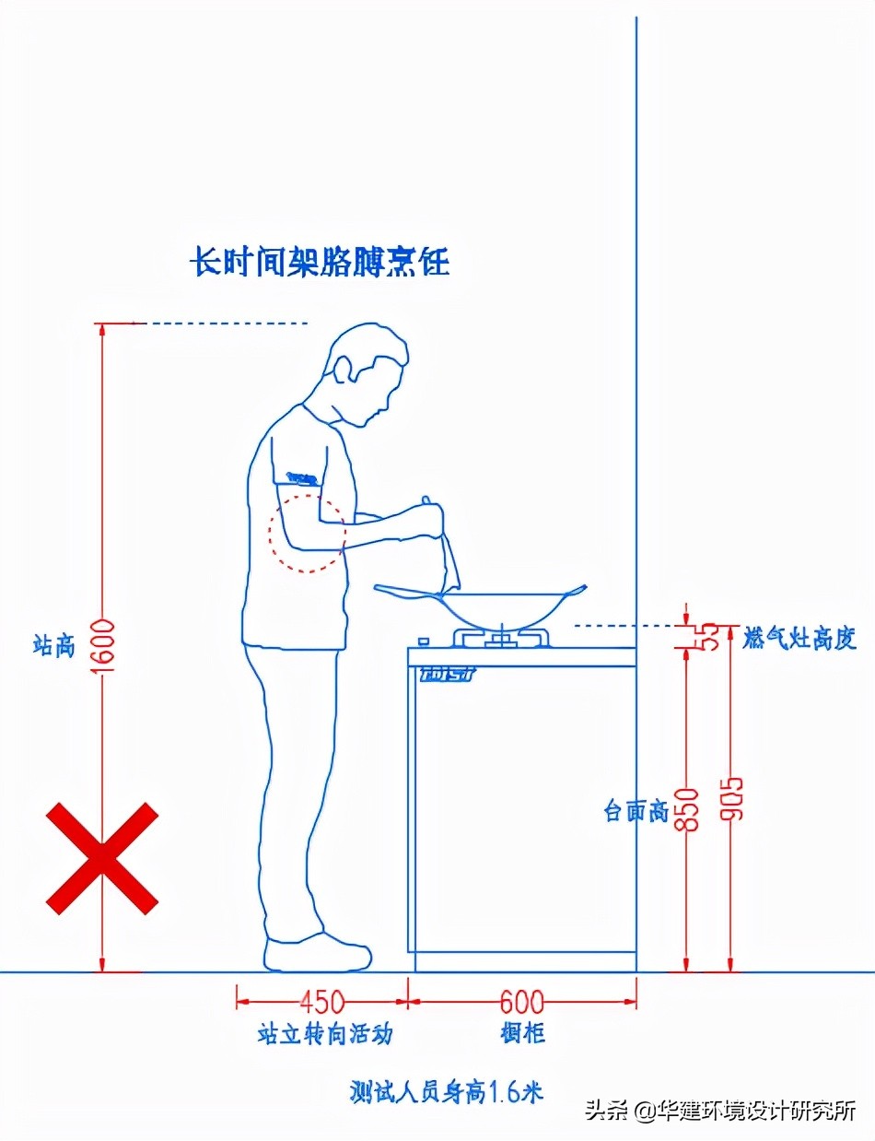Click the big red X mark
pos(102,858)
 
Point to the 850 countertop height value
pos(688,809)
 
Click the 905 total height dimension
pos(732,797)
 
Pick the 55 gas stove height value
pos(710,637)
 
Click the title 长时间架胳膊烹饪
pos(320,262)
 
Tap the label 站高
pos(52,645)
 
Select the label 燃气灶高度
pos(799,638)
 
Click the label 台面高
pos(635,812)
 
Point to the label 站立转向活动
pos(324,1034)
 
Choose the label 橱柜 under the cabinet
pos(521,1033)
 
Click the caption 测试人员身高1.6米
pos(447,1092)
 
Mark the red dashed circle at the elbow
pos(307,533)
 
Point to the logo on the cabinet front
pos(447,674)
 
